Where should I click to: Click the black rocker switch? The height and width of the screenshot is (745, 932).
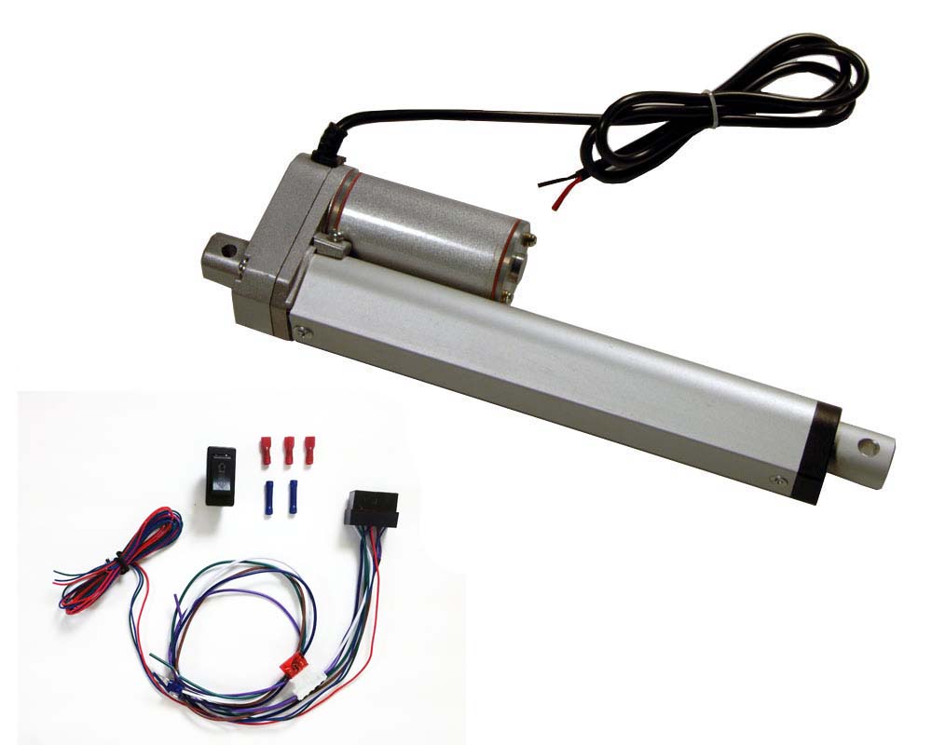222,473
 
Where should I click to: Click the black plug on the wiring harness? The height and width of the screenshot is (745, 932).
371,508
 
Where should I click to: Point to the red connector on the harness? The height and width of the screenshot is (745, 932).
295,664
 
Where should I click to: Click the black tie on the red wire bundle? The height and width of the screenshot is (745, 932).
119,561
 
